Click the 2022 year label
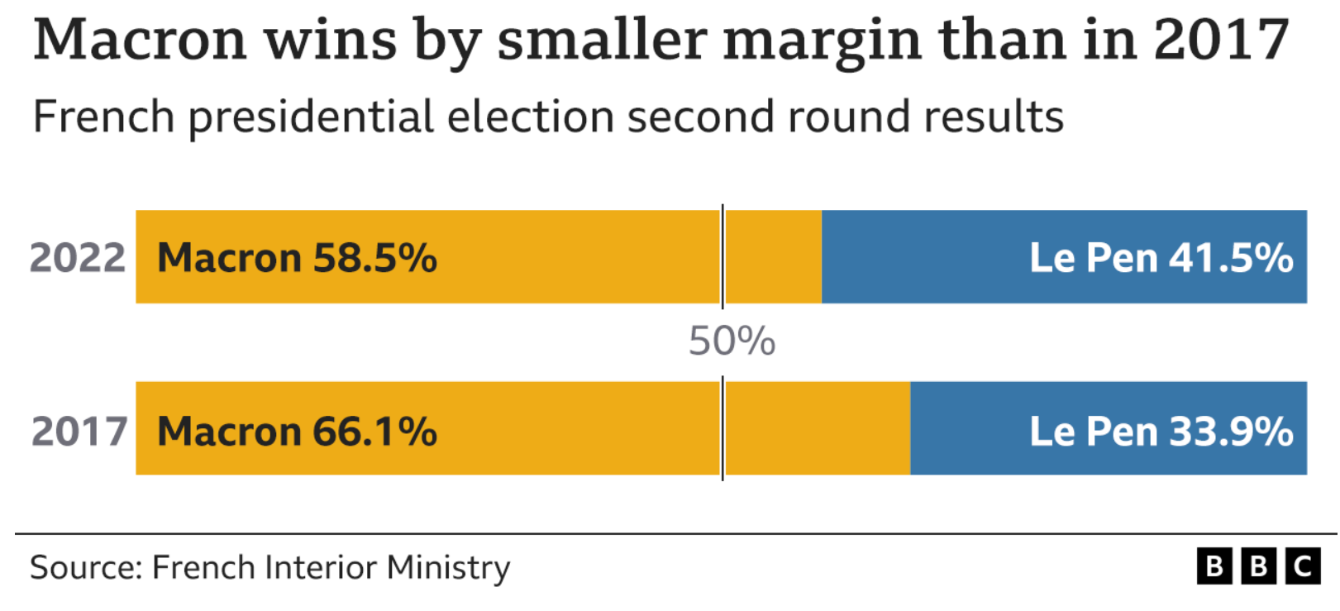tap(78, 258)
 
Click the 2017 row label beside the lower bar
tap(79, 432)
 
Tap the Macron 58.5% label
tap(298, 258)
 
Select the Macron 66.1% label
tap(298, 432)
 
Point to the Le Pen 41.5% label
tap(1161, 258)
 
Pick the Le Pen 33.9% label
tap(1161, 432)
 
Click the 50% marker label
tap(732, 341)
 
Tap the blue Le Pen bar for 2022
tap(1064, 257)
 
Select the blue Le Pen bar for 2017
tap(1109, 428)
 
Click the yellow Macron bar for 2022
tap(479, 257)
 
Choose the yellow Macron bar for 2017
tap(522, 428)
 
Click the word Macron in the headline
tap(140, 40)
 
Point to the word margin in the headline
tap(823, 45)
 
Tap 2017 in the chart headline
tap(1221, 40)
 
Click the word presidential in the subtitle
tap(311, 118)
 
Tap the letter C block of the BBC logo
tap(1303, 566)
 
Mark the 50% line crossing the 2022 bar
tap(722, 257)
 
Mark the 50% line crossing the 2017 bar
tap(722, 428)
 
